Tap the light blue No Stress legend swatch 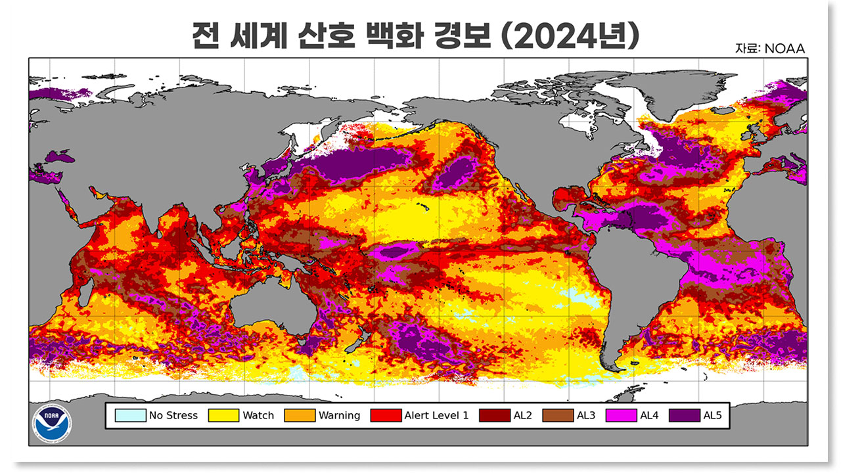(x=130, y=415)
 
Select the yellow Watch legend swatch (x=223, y=415)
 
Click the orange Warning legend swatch (x=300, y=415)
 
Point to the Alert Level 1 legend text (x=436, y=415)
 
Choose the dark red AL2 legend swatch (x=496, y=415)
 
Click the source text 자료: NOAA (x=770, y=49)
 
